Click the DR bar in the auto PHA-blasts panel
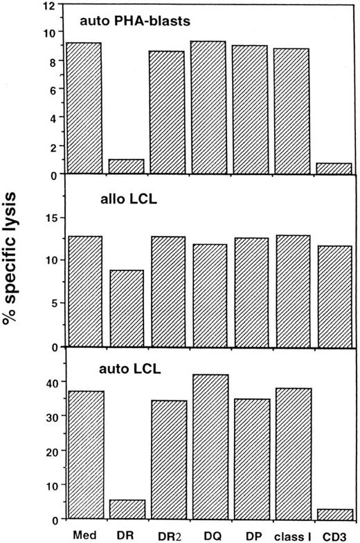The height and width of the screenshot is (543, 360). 126,167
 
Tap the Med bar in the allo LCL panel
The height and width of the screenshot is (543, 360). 84,291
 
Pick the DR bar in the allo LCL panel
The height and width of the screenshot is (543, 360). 126,308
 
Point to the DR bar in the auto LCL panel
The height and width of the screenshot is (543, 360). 126,509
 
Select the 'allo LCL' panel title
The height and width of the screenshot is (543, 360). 125,205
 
